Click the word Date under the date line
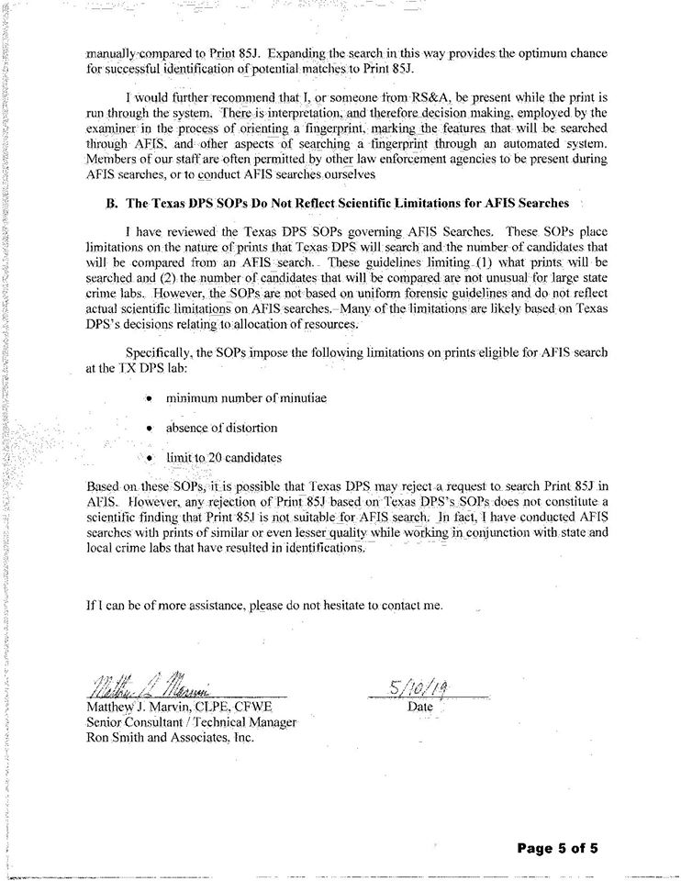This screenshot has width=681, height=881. point(419,708)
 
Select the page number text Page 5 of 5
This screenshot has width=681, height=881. point(558,849)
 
